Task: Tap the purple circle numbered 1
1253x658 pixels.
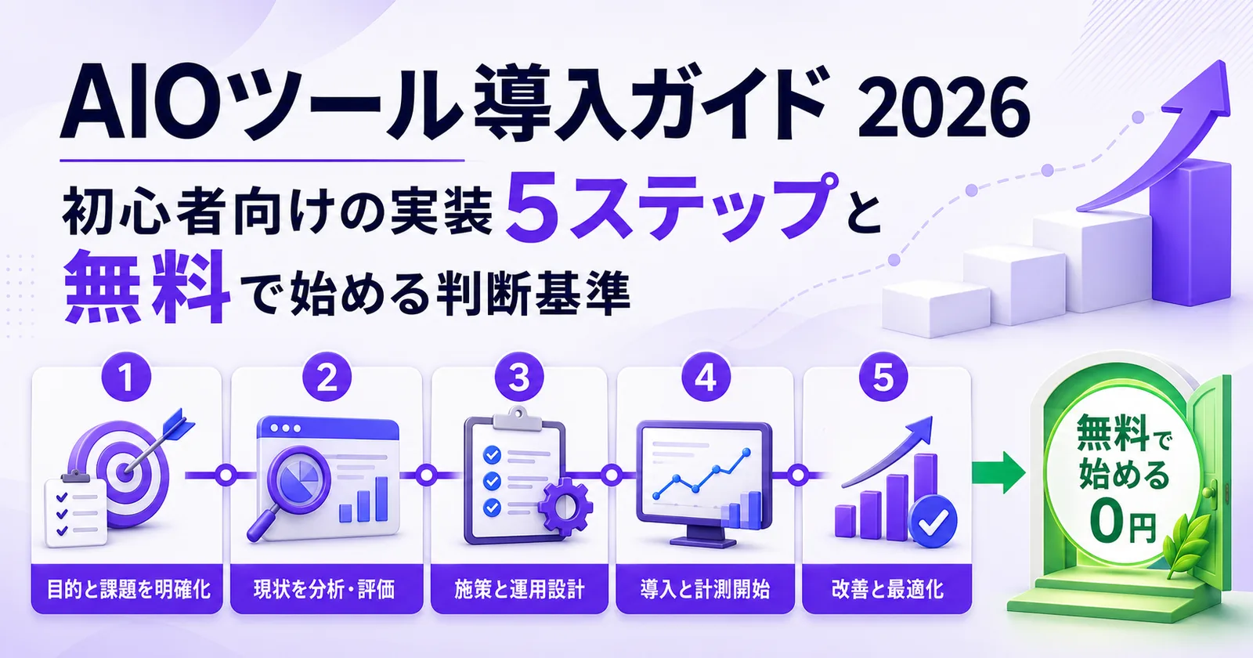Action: coord(126,377)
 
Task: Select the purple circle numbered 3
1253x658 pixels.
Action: coord(519,377)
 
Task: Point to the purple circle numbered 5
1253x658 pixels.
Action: coord(883,377)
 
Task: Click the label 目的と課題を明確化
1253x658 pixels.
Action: coord(128,589)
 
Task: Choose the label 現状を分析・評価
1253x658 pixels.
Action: coord(324,589)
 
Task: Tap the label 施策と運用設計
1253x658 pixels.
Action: coord(519,589)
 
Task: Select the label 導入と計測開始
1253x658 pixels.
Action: coord(705,589)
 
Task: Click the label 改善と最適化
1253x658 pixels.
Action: coord(888,589)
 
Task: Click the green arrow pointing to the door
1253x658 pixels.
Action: coord(998,473)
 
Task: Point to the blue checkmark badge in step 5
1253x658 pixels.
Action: coord(933,521)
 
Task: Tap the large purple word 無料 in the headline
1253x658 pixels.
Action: coord(147,287)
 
